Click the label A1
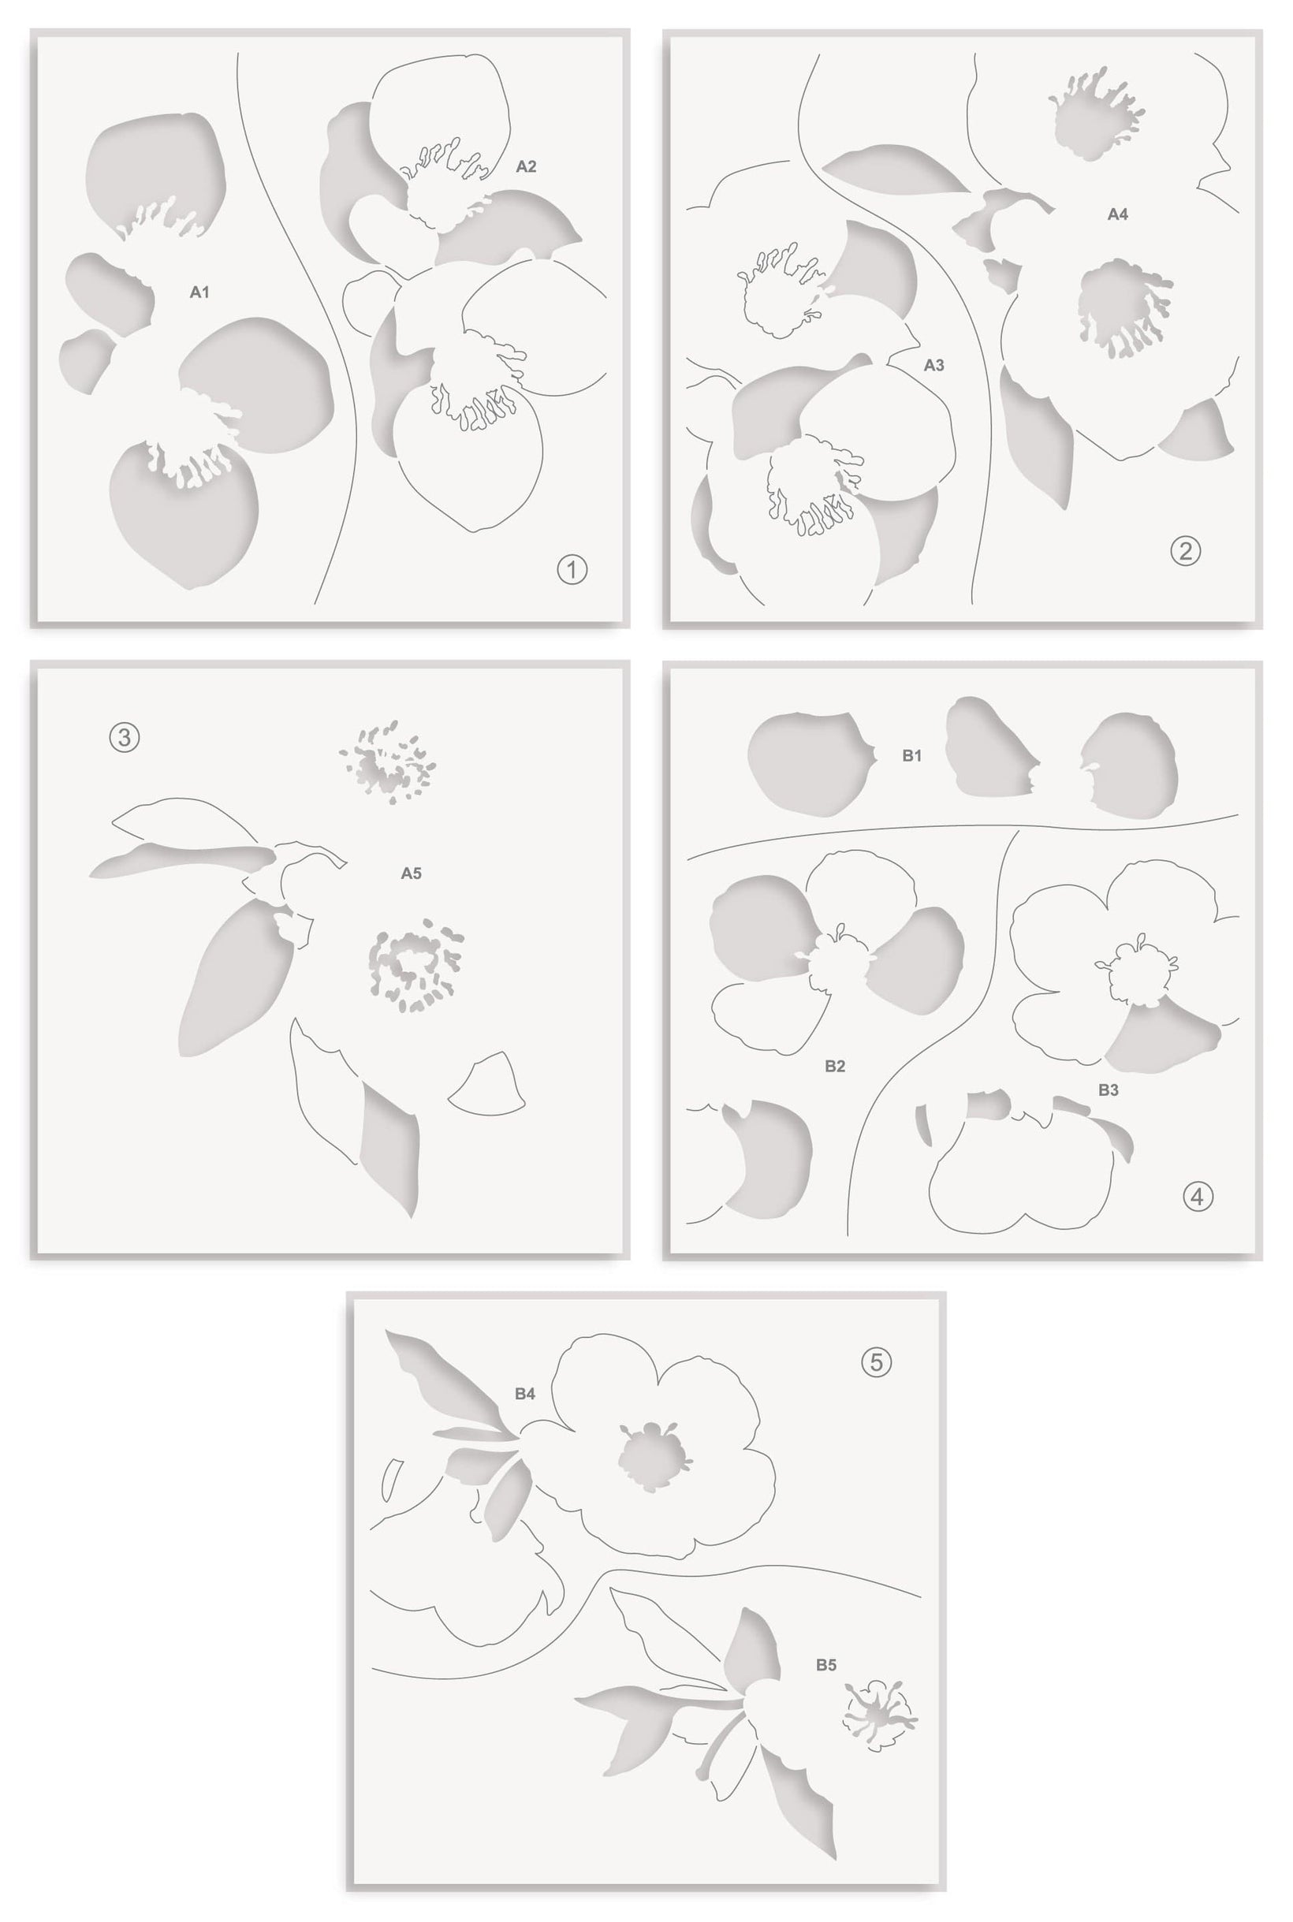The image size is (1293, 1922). [x=199, y=292]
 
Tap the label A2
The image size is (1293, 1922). [x=526, y=166]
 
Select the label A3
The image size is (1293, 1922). [x=933, y=365]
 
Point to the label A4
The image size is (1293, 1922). [x=1117, y=214]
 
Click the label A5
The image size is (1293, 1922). [x=411, y=873]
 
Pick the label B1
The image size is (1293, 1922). [x=911, y=755]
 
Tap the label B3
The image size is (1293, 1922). [x=1109, y=1090]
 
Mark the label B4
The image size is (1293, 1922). [x=525, y=1394]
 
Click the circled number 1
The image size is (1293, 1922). [x=572, y=569]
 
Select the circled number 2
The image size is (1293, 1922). [x=1186, y=551]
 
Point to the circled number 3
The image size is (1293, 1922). [x=125, y=737]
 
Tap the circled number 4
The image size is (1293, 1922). [x=1198, y=1197]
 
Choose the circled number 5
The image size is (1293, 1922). [x=877, y=1362]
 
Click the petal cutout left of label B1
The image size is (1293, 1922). [x=808, y=765]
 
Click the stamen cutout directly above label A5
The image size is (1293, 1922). [x=387, y=762]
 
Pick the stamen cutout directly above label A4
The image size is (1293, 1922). [x=1095, y=116]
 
